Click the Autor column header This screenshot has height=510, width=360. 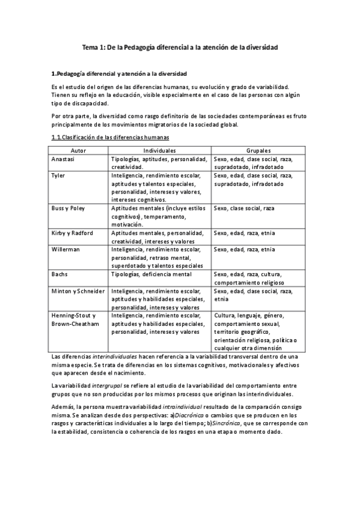79,150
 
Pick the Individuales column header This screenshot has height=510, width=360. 160,150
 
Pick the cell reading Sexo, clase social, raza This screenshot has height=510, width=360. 244,208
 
